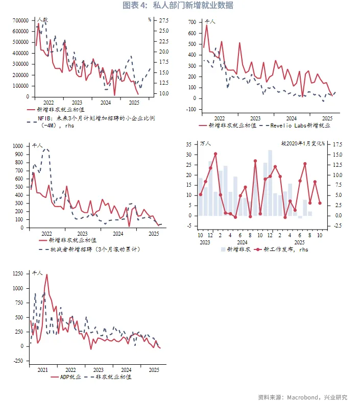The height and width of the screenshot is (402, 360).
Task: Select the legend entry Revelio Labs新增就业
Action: click(299, 124)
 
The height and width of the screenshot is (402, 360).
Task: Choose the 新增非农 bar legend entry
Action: click(235, 249)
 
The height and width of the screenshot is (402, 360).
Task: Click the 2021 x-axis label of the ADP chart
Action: click(42, 369)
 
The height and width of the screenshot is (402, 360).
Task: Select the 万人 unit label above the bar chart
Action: click(206, 144)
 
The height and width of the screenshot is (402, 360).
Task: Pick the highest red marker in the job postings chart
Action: click(215, 154)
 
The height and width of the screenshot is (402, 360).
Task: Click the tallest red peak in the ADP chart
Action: click(47, 275)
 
